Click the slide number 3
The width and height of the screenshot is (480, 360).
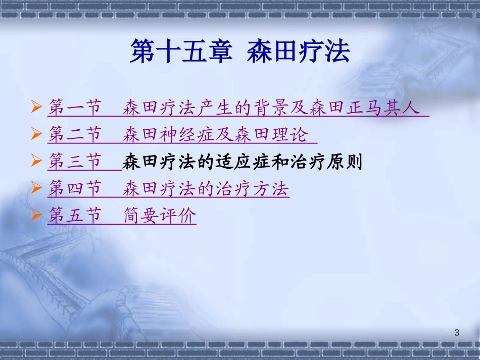[457, 332]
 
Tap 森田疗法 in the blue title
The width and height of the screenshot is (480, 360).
[298, 53]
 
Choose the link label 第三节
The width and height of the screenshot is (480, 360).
[75, 163]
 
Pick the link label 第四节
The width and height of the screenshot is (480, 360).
[75, 189]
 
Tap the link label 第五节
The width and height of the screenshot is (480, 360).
[75, 217]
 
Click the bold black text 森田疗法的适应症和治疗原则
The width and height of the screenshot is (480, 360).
[243, 163]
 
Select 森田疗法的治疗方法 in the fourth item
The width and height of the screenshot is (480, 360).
[206, 189]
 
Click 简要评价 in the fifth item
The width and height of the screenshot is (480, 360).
[160, 217]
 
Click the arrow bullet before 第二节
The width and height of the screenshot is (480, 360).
[36, 135]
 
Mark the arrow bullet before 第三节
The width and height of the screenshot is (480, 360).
[36, 162]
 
